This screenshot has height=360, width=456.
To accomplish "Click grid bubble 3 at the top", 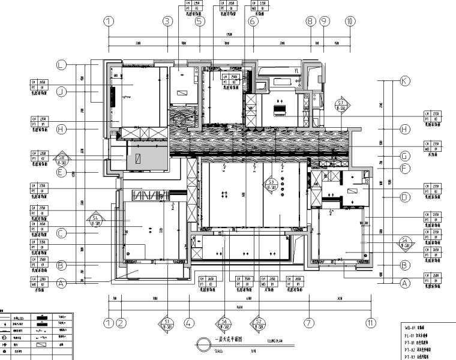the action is pyautogui.click(x=167, y=22).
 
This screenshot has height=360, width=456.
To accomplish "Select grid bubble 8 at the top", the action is pyautogui.click(x=310, y=22).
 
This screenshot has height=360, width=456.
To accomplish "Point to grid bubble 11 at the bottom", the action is pyautogui.click(x=371, y=323).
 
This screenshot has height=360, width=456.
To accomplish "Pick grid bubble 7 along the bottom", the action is pyautogui.click(x=308, y=323).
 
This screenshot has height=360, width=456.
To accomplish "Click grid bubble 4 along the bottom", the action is pyautogui.click(x=188, y=323).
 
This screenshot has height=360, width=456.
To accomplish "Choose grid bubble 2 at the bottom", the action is pyautogui.click(x=121, y=323).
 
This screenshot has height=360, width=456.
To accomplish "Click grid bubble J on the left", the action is pyautogui.click(x=61, y=91).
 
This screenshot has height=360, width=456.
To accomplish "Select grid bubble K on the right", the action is pyautogui.click(x=404, y=81).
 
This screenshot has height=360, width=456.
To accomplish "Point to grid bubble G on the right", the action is pyautogui.click(x=404, y=155).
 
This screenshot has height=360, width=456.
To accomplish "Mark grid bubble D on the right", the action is pyautogui.click(x=404, y=196).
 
